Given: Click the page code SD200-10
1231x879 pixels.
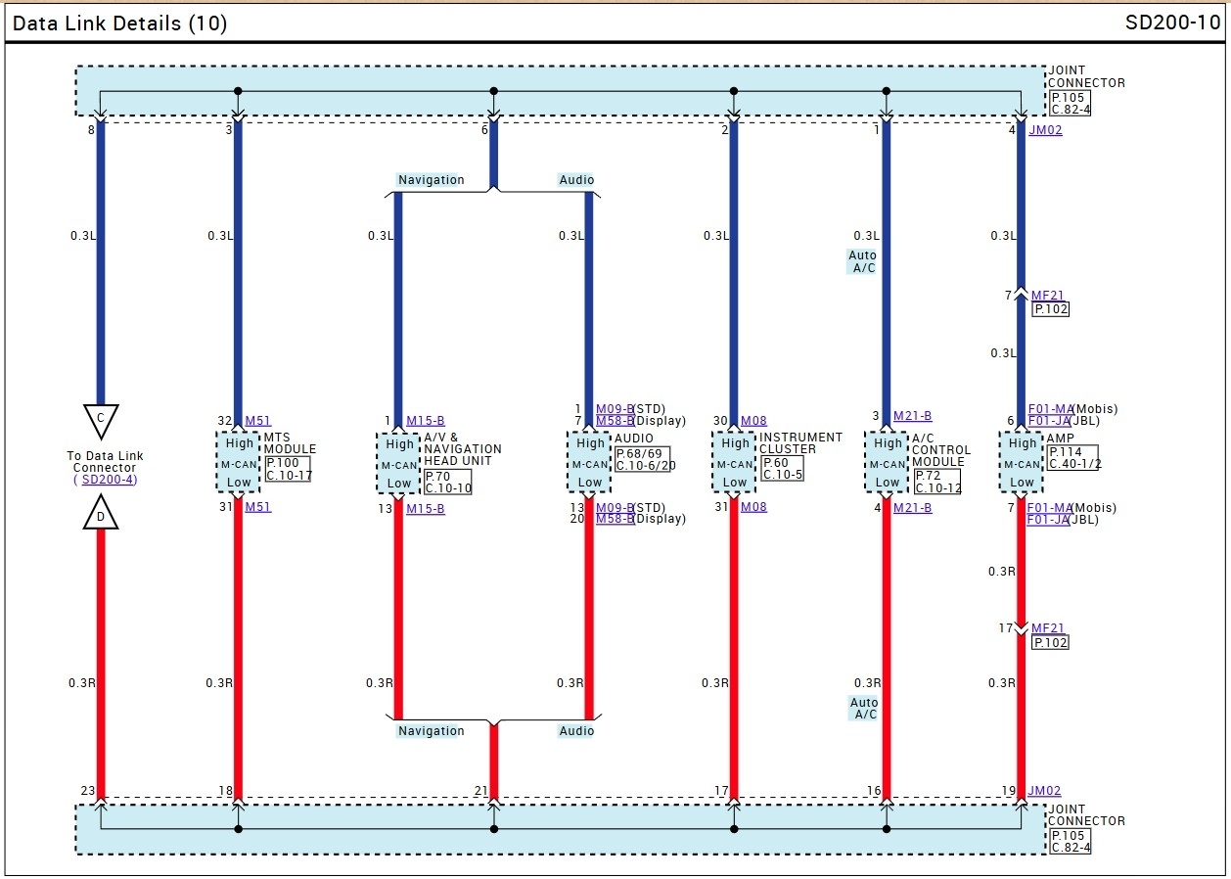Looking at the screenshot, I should coord(1172,23).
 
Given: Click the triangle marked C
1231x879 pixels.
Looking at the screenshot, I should coord(100,419).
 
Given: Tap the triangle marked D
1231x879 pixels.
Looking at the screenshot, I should coord(100,514).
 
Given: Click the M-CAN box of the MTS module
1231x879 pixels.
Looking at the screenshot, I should coord(239,463).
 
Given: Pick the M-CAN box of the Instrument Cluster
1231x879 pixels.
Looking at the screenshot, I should coord(735,463).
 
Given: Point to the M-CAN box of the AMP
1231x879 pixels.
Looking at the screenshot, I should coord(1022,463).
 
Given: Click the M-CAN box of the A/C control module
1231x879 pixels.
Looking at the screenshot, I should coord(888,463).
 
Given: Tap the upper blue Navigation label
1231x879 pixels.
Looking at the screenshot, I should coord(431,180).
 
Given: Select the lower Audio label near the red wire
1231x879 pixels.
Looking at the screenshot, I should coord(576,731).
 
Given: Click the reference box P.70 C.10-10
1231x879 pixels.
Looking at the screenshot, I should coord(448,482).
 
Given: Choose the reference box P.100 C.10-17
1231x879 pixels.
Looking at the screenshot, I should coord(289,469).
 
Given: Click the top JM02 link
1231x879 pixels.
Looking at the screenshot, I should coord(1045,130).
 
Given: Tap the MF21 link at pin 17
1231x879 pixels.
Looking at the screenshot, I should coord(1047,628).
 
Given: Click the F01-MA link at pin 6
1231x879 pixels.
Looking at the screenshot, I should coord(1050,409).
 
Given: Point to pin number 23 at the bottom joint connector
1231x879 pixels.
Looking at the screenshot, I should coord(88,791).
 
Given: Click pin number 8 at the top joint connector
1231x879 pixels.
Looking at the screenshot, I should coord(92,129).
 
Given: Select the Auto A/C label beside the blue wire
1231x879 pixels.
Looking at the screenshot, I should coord(862,261).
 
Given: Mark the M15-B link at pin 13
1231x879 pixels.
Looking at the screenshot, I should coord(425,509).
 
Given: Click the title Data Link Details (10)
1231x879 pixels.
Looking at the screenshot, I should coord(119,23).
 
